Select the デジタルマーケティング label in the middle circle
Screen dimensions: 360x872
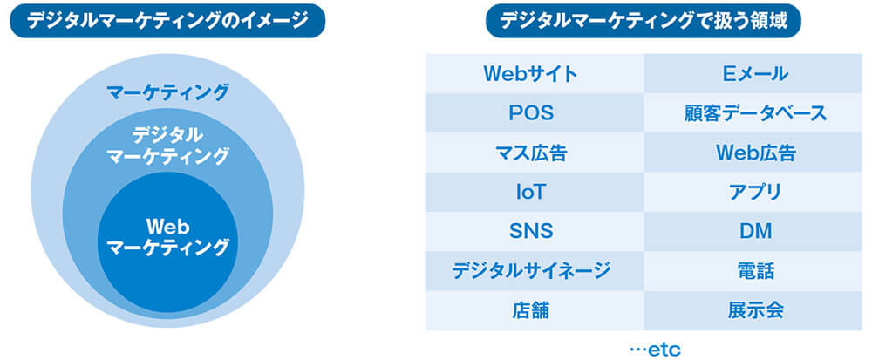(x=167, y=146)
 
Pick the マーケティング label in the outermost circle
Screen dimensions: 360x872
(x=167, y=92)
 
